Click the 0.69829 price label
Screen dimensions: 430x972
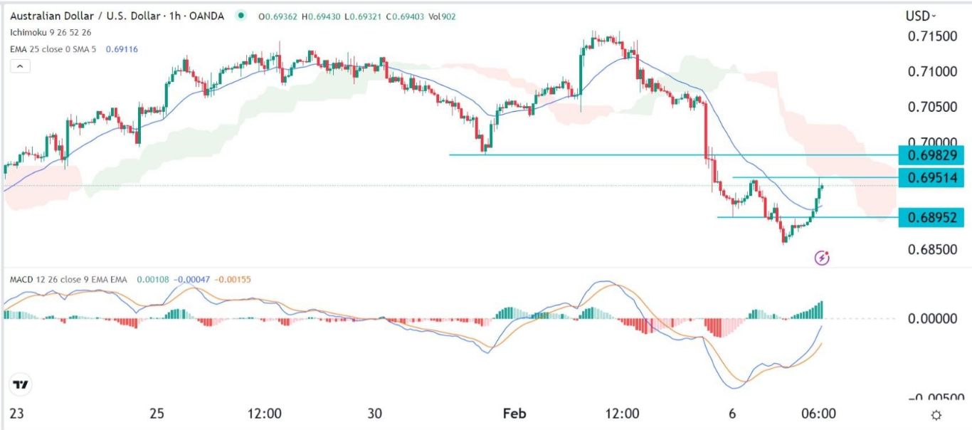point(931,154)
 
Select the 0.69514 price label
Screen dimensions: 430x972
point(931,177)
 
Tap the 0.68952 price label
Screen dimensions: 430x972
point(931,217)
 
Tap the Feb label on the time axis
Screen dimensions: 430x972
point(514,413)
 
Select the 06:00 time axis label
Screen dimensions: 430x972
point(818,413)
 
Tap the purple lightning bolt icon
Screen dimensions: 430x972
point(822,258)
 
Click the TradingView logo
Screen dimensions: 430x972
point(21,385)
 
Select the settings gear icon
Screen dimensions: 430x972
point(936,415)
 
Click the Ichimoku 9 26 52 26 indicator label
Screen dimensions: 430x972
point(51,33)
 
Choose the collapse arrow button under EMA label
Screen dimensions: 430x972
point(21,66)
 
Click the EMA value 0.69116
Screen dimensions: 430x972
point(121,49)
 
